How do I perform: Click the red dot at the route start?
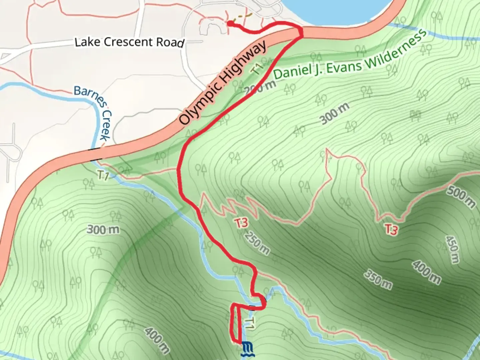(x=230, y=23)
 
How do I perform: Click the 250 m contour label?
(x=257, y=242)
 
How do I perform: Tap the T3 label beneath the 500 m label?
(x=392, y=229)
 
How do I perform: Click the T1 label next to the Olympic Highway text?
(x=258, y=69)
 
